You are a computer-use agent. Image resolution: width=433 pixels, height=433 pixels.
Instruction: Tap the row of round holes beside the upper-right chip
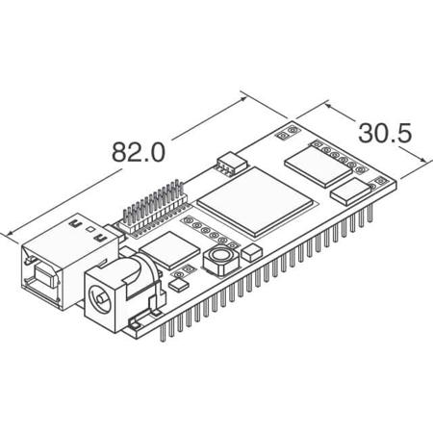(x=340, y=154)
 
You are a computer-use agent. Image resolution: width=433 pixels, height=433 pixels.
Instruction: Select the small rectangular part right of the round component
(x=252, y=252)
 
